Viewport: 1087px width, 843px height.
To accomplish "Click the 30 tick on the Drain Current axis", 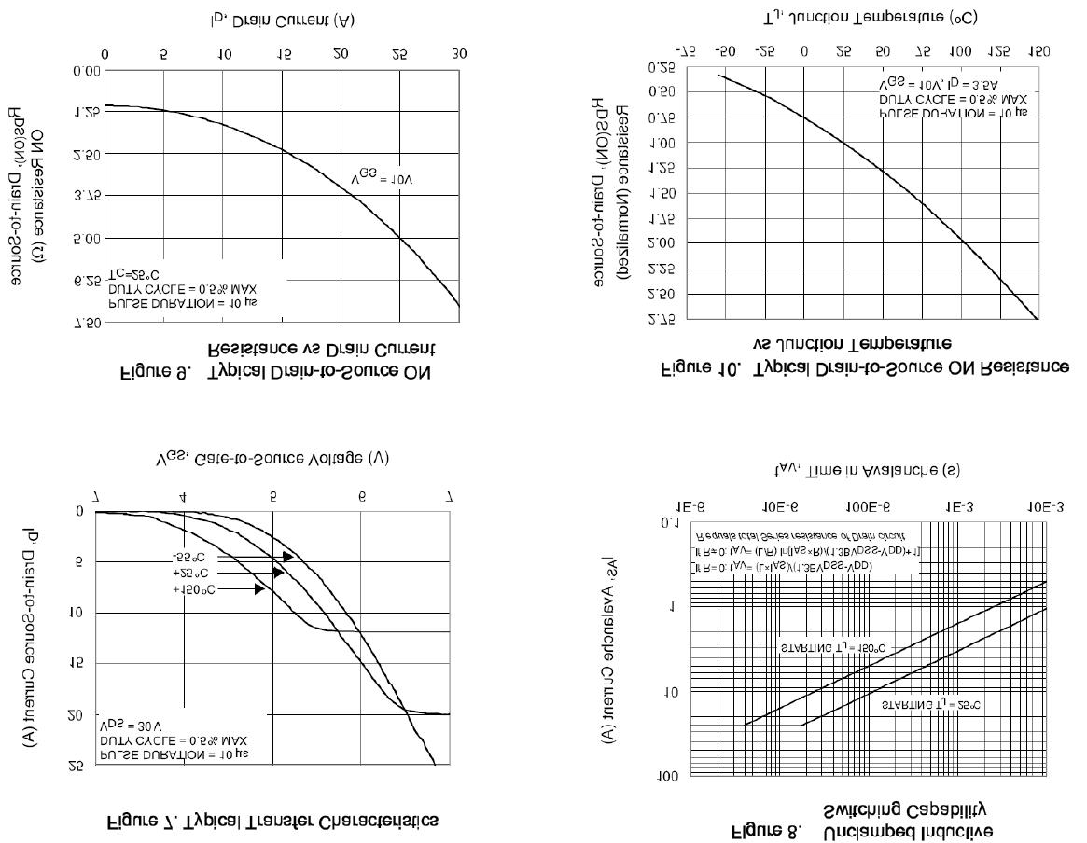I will click(458, 54).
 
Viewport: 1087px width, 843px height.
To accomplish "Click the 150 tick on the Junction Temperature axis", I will click(1038, 50).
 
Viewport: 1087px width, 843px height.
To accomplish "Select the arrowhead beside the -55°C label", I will click(287, 557).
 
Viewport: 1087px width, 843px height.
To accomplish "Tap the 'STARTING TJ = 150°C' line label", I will click(832, 646).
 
